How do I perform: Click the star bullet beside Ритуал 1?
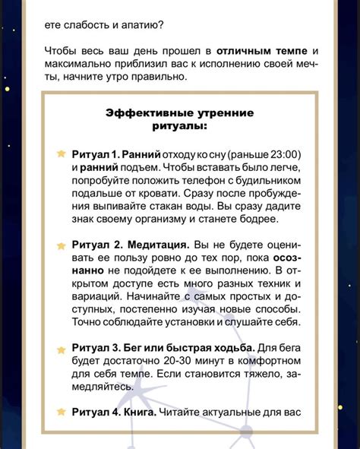61,153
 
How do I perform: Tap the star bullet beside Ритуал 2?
61,246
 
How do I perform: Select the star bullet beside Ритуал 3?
61,349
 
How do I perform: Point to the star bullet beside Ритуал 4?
61,411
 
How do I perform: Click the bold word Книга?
137,412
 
